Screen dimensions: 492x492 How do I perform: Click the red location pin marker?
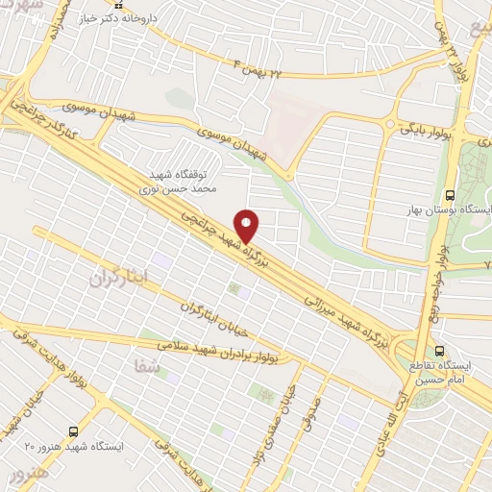point(248,225)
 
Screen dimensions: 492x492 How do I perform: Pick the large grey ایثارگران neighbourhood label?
point(122,278)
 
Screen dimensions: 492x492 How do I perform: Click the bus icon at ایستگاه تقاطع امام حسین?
point(439,351)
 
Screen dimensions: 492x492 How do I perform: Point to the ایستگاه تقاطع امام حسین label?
point(448,373)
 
